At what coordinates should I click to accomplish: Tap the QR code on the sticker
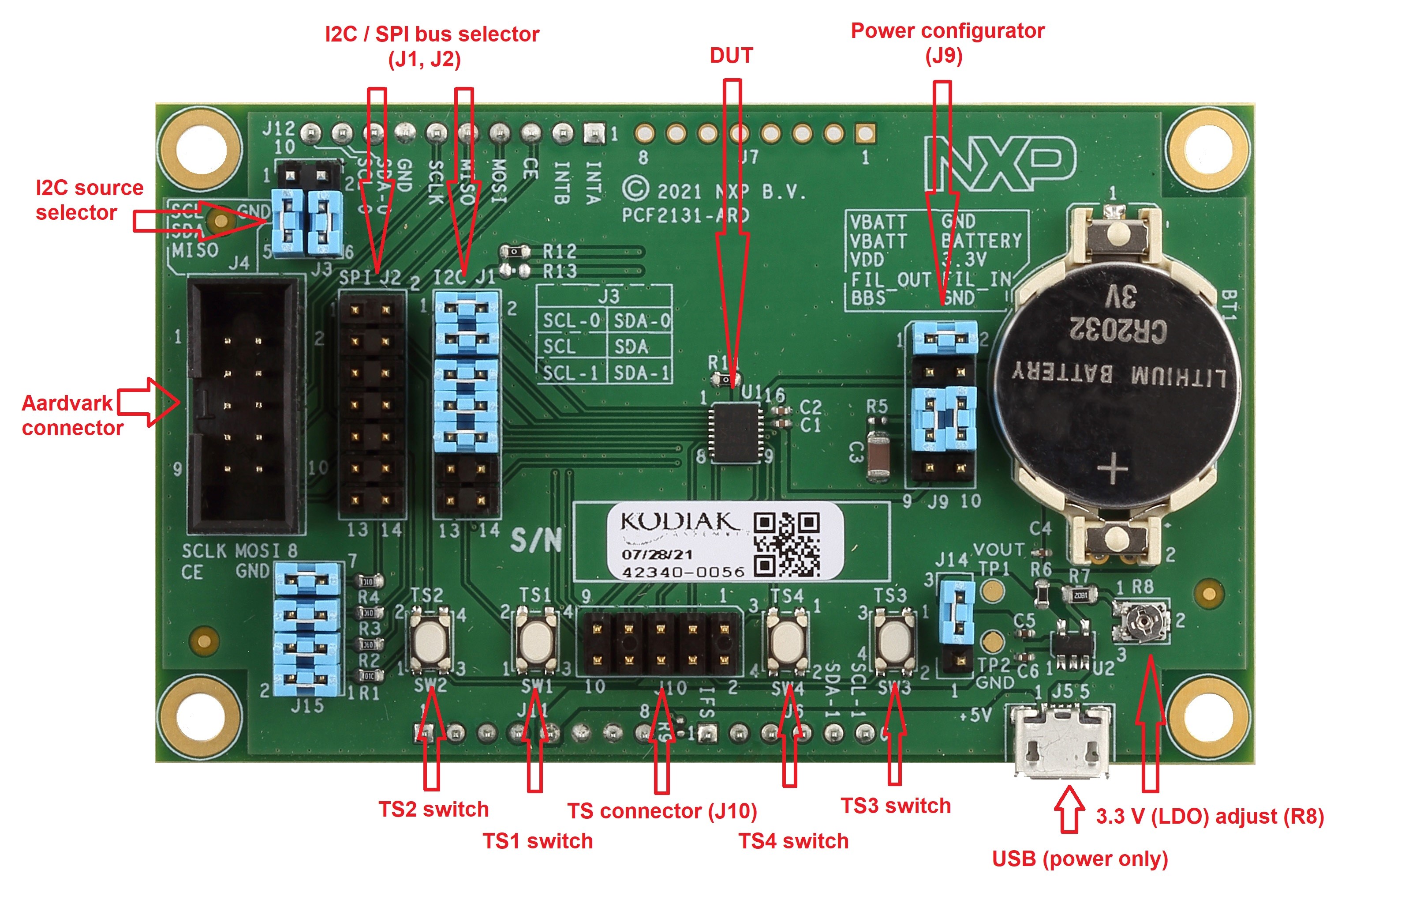click(787, 544)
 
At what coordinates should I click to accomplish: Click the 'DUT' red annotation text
click(731, 56)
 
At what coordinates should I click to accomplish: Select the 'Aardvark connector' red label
click(72, 415)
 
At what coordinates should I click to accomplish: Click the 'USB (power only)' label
click(1080, 859)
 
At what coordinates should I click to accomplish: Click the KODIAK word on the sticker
click(678, 522)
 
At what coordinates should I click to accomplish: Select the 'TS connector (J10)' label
click(661, 811)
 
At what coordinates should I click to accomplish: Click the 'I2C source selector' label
click(89, 200)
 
